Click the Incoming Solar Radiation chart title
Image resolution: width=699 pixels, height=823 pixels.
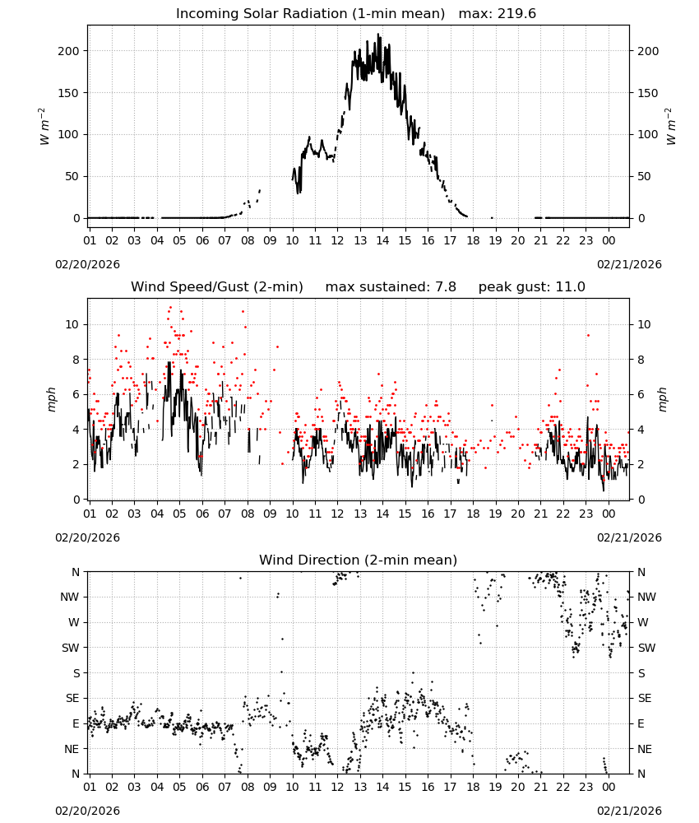[x=310, y=14]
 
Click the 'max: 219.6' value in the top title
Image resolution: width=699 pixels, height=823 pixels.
[x=498, y=14]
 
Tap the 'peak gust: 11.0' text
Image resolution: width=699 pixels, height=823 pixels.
[x=531, y=287]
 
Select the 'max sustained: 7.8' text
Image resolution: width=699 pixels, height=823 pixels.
[x=391, y=287]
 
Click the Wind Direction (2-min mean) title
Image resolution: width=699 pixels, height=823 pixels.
[x=359, y=560]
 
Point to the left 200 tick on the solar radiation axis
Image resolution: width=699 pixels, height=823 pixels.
[x=68, y=51]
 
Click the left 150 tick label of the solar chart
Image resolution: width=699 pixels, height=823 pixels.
[x=68, y=93]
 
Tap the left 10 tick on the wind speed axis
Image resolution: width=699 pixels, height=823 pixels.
[x=72, y=324]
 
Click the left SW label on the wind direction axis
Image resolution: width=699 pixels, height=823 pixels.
[x=70, y=648]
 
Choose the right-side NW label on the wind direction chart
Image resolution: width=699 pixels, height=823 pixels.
[x=646, y=597]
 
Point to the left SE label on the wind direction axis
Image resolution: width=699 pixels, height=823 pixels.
[x=72, y=698]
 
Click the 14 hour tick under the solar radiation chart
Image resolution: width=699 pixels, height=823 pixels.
[x=382, y=240]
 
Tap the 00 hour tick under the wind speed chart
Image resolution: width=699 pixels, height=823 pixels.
[x=609, y=514]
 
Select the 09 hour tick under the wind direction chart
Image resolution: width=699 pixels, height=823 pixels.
[x=270, y=787]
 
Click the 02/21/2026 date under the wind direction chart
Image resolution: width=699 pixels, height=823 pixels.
[x=629, y=811]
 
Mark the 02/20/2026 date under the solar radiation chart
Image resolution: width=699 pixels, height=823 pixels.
[x=87, y=264]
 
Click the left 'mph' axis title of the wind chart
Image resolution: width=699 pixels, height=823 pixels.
[x=51, y=399]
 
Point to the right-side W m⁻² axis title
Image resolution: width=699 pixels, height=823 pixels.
[x=671, y=127]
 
